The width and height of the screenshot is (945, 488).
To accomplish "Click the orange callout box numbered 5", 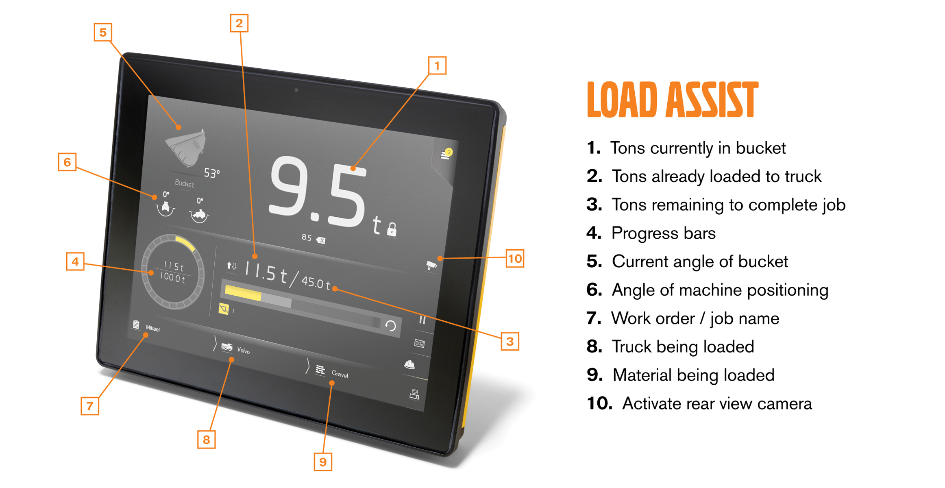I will point(103,32).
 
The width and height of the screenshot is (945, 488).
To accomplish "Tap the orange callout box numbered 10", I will point(515,259).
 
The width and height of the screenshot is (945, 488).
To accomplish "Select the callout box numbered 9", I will point(323,462).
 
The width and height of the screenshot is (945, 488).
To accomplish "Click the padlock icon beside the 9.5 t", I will point(392,229).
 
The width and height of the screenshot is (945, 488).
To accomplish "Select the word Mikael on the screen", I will point(153,329).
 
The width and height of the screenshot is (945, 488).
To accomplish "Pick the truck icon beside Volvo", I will point(227,347).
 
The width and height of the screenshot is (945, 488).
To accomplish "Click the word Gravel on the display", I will point(340,375).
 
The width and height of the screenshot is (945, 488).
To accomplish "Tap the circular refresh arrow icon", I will point(391,326).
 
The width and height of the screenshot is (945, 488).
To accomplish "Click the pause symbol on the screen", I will point(422,320).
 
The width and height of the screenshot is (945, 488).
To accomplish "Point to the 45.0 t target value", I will point(316,282).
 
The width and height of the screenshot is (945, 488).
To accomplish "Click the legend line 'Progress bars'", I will point(663,233).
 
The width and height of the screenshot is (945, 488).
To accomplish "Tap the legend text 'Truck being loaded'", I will point(683,347).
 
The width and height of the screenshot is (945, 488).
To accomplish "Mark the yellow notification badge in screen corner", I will point(449,152).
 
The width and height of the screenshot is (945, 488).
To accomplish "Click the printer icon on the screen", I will point(414,394).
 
